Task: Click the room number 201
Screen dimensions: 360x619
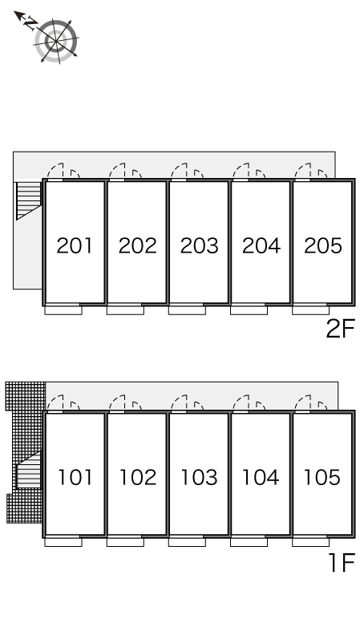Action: (x=75, y=245)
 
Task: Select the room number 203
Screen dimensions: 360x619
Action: (x=200, y=245)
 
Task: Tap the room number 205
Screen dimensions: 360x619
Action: (x=323, y=245)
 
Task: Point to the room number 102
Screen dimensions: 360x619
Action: (x=137, y=477)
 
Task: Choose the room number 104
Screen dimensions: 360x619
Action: (x=261, y=477)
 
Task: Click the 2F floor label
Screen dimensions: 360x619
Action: (x=340, y=329)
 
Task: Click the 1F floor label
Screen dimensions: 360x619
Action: (x=342, y=563)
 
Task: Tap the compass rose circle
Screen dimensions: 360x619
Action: (x=55, y=41)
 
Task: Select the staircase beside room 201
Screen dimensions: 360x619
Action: (x=28, y=200)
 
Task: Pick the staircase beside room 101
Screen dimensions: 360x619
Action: (x=28, y=470)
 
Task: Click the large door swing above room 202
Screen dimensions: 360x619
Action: (x=117, y=171)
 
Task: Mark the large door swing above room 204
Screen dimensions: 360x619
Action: (x=241, y=171)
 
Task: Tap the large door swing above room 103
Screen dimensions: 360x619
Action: (x=179, y=403)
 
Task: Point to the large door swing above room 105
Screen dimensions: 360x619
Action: (x=303, y=403)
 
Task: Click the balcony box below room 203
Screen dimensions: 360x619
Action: (x=187, y=310)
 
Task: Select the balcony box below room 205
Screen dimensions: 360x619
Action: (x=310, y=310)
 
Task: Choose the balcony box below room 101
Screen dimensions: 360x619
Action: (x=63, y=542)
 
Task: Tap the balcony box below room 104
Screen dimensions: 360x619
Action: (x=249, y=542)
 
